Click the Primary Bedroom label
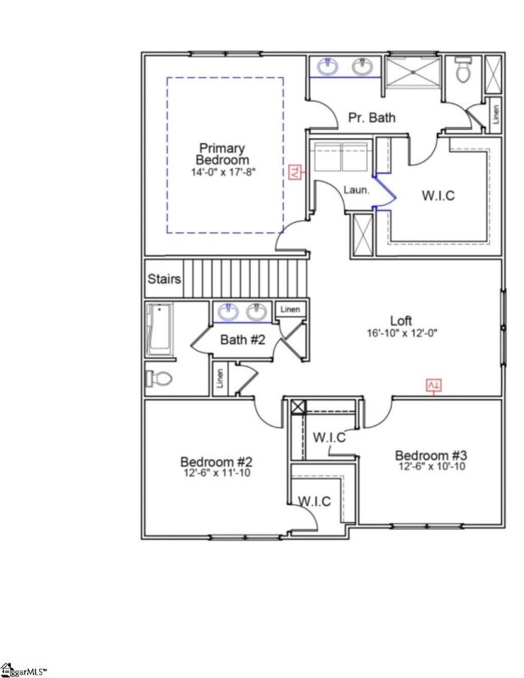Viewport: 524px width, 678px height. tap(222, 153)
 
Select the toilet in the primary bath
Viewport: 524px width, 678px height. tap(463, 71)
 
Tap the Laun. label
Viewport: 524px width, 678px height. tap(355, 190)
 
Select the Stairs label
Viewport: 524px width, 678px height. tap(163, 279)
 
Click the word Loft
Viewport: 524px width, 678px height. tap(401, 320)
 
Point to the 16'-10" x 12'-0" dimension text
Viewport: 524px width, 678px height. tap(401, 335)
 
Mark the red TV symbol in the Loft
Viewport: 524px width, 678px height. tap(433, 386)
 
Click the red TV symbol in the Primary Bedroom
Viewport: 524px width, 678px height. tap(295, 172)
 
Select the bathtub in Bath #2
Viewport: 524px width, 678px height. tap(159, 330)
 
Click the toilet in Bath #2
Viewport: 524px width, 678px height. tap(156, 377)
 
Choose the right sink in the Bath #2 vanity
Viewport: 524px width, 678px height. tap(257, 313)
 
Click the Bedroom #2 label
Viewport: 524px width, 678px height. tap(216, 462)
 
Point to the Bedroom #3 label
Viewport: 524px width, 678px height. tap(431, 455)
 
